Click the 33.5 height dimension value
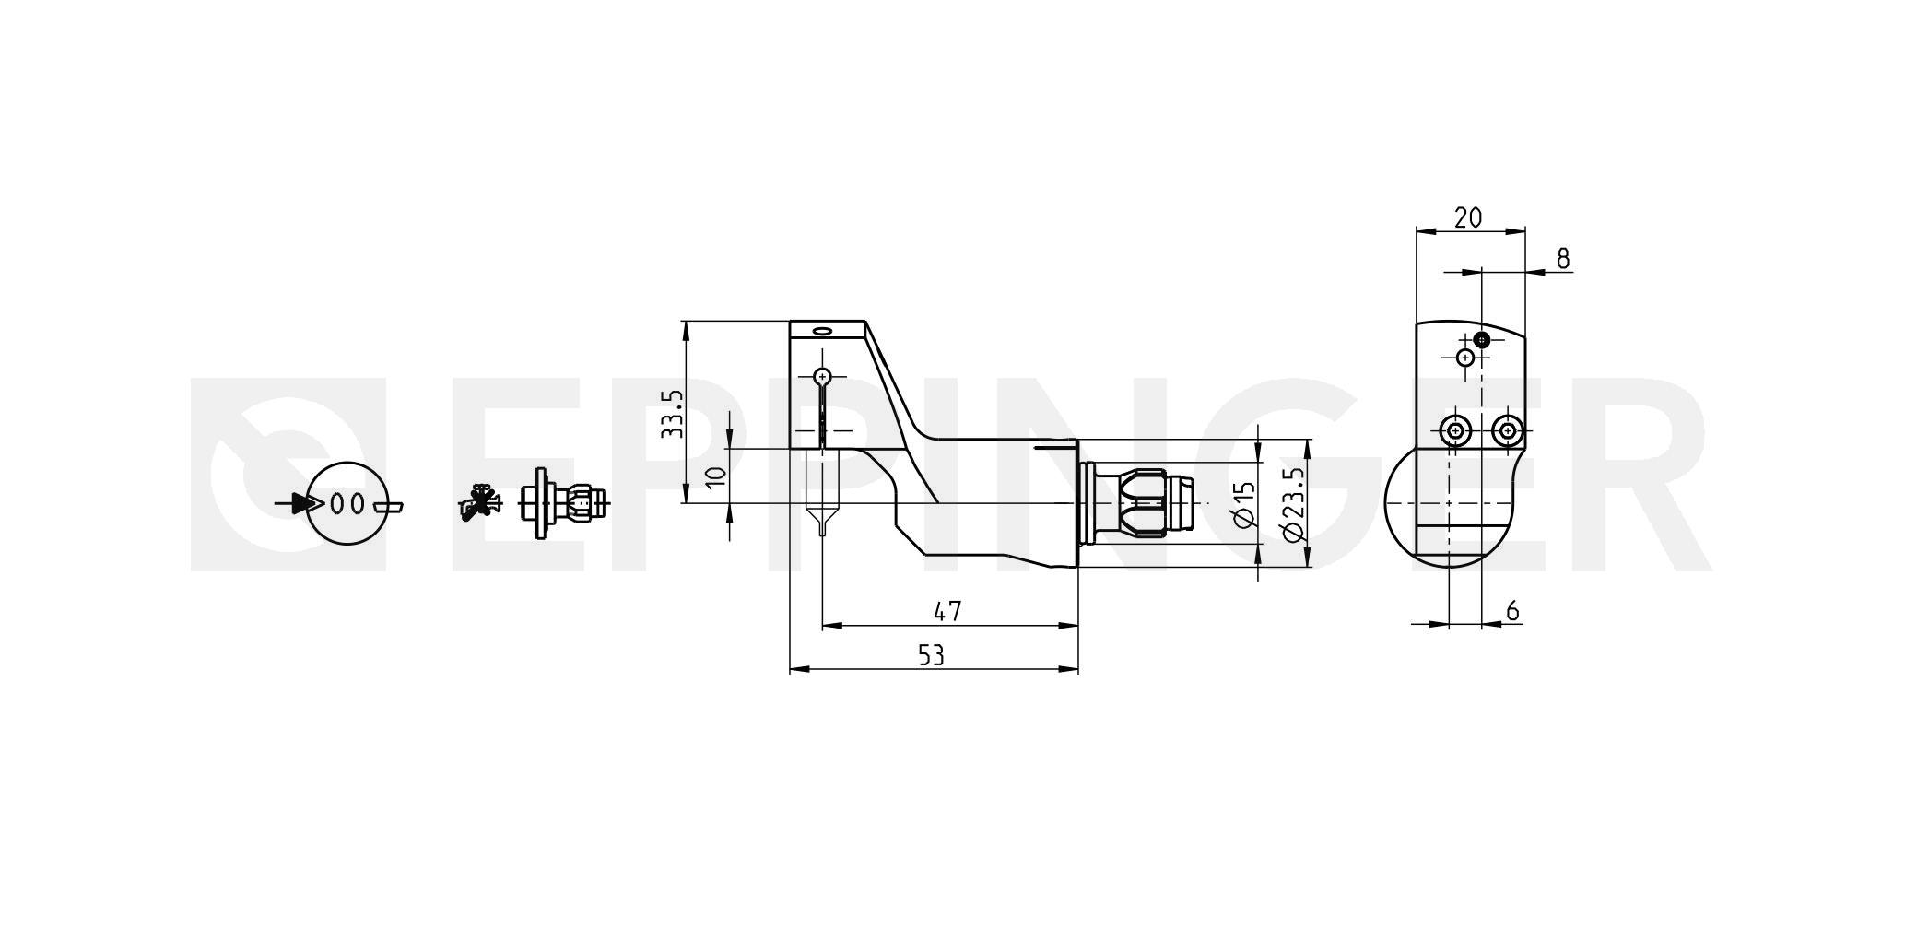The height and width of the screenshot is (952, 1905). pyautogui.click(x=673, y=413)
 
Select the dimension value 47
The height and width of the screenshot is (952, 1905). pyautogui.click(x=947, y=610)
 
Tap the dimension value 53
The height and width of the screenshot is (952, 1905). pyautogui.click(x=932, y=654)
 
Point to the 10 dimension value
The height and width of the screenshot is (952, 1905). pyautogui.click(x=716, y=476)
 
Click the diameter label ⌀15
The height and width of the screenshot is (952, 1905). pyautogui.click(x=1242, y=505)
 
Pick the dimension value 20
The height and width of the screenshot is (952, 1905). pyautogui.click(x=1467, y=217)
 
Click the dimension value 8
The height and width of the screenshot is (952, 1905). pyautogui.click(x=1563, y=259)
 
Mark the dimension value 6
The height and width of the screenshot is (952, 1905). pyautogui.click(x=1512, y=610)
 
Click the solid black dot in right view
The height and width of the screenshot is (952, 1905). pyautogui.click(x=1481, y=339)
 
